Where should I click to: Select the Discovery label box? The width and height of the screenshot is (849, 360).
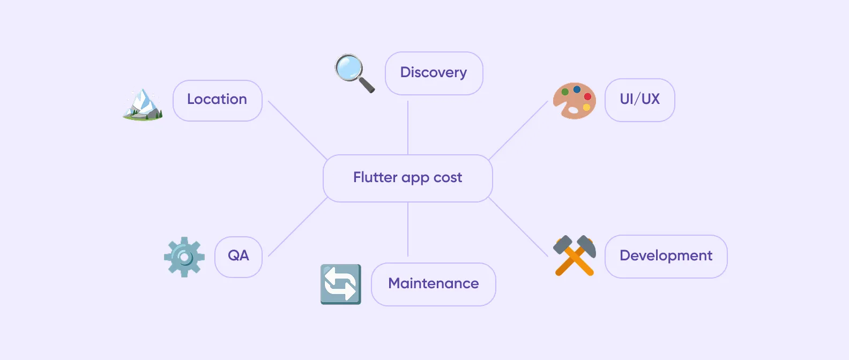[x=434, y=73]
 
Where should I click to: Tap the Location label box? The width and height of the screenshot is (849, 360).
[x=217, y=100]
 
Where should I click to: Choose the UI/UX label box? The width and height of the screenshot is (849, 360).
[x=639, y=100]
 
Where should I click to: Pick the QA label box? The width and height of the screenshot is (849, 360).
[x=238, y=256]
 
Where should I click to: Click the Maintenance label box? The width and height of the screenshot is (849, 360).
[x=433, y=284]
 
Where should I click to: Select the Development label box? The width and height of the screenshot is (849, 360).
[x=666, y=256]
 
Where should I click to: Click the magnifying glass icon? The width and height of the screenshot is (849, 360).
[x=354, y=73]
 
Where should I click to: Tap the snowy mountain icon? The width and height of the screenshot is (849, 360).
[x=143, y=104]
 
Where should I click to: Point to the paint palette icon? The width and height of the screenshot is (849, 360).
[x=574, y=100]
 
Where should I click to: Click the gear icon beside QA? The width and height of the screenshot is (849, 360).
[x=184, y=257]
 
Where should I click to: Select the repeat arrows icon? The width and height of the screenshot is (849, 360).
[x=340, y=284]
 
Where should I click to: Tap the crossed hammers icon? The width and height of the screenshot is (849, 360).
[x=574, y=256]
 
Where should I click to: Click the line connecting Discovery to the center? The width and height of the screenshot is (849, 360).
[x=408, y=127]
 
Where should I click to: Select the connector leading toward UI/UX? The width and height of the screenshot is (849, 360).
[x=518, y=130]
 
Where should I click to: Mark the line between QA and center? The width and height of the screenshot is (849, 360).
[x=297, y=227]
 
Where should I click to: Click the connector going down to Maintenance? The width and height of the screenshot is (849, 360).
[x=408, y=229]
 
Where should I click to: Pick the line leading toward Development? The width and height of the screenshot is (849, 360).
[x=518, y=227]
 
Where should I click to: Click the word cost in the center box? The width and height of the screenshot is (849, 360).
[x=448, y=178]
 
